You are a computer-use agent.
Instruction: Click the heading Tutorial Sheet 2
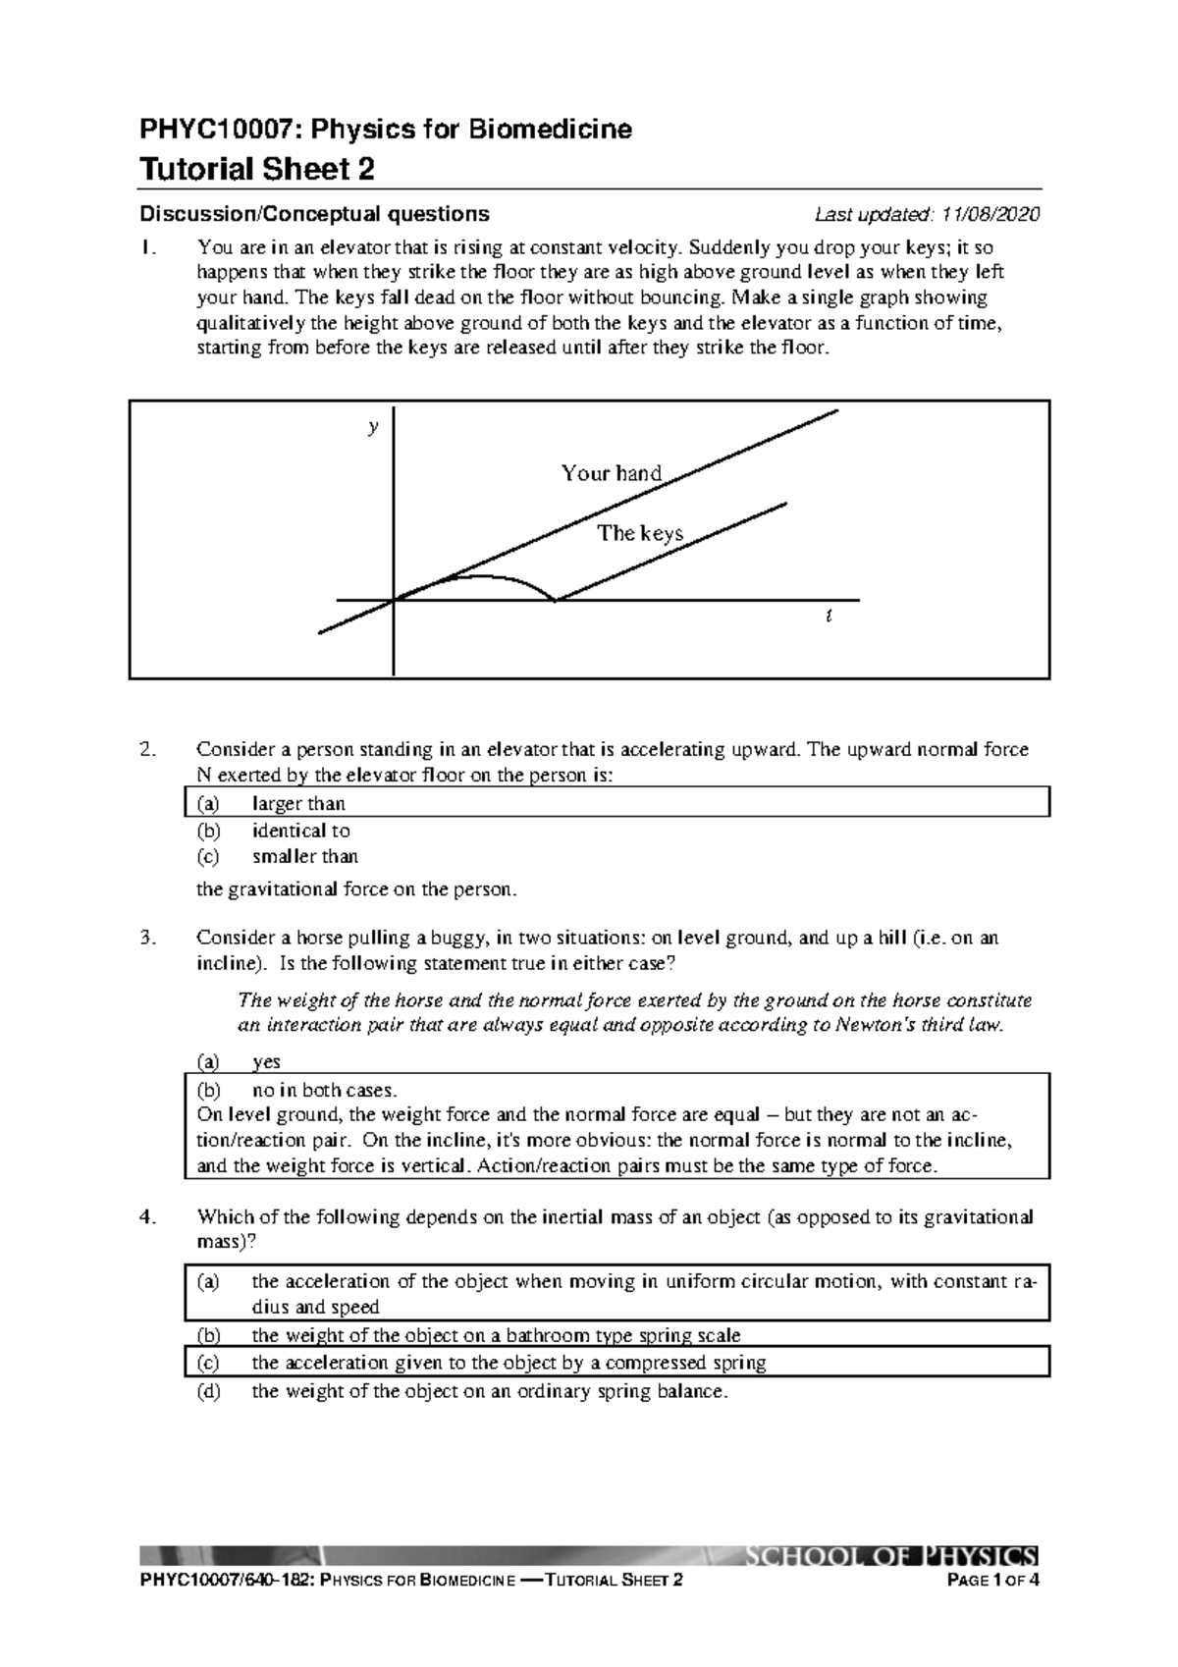[257, 170]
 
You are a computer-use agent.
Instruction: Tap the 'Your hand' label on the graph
[611, 473]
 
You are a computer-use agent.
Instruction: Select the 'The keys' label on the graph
[640, 533]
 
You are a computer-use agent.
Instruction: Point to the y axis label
[372, 428]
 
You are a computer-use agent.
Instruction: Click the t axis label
[829, 617]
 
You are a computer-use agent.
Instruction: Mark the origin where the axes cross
[394, 599]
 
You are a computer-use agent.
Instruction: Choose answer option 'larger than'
[298, 804]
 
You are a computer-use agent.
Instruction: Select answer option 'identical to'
[300, 831]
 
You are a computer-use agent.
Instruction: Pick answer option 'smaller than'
[304, 856]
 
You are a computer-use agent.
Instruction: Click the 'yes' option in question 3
[266, 1061]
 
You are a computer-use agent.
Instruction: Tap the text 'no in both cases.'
[324, 1090]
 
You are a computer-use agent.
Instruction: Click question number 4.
[147, 1217]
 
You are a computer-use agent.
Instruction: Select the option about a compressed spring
[509, 1363]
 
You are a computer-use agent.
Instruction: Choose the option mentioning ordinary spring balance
[489, 1391]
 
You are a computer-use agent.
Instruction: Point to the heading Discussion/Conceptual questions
[314, 214]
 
